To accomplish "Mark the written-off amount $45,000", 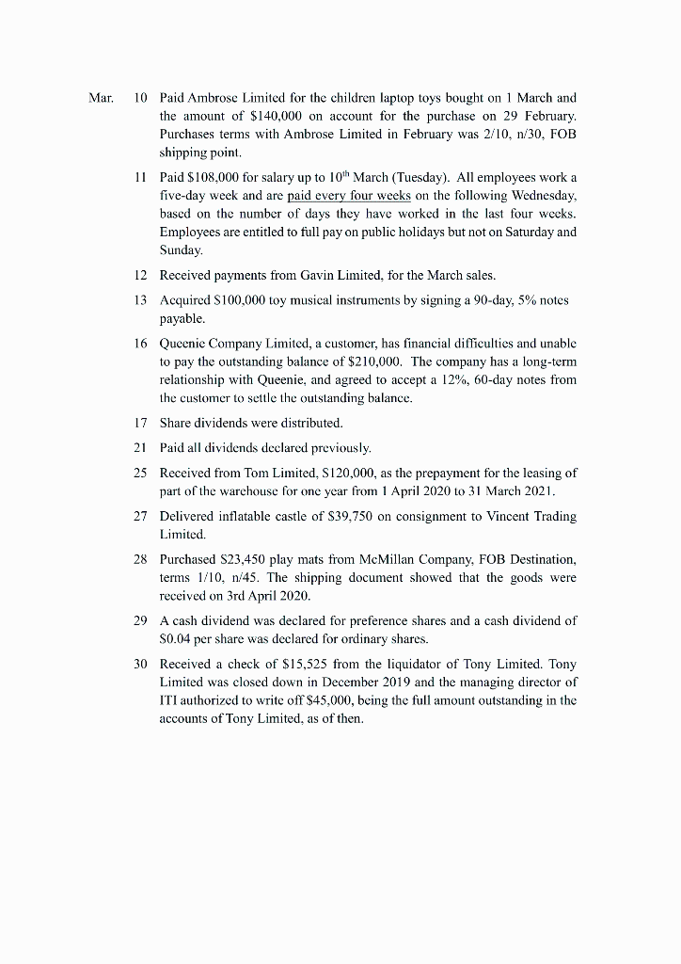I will [403, 700].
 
